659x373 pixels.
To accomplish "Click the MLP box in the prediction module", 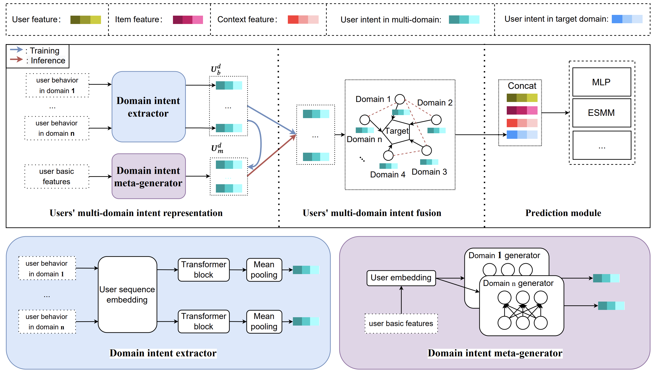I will click(x=601, y=82).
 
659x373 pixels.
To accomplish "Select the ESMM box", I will click(x=601, y=113).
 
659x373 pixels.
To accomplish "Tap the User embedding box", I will click(x=401, y=278).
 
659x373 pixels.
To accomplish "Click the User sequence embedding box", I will click(x=127, y=295).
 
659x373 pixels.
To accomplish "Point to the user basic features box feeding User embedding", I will click(x=401, y=324).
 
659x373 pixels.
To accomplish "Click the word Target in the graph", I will click(x=397, y=131).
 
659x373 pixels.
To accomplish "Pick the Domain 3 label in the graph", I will click(x=429, y=172).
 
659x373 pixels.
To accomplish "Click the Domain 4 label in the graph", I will click(x=387, y=175).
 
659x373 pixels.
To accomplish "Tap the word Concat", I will click(x=522, y=86).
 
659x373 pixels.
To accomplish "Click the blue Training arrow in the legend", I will click(x=16, y=50).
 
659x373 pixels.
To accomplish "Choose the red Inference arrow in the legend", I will click(x=16, y=60).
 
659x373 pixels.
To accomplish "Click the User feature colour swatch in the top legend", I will click(x=86, y=20).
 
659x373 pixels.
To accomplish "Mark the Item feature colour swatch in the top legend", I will click(x=188, y=20).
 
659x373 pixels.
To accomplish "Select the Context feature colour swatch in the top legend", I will click(x=303, y=20).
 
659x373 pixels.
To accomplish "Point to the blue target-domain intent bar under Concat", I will click(x=522, y=135).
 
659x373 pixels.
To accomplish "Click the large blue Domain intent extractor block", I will click(x=148, y=106).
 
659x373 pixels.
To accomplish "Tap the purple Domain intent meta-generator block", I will click(x=148, y=176).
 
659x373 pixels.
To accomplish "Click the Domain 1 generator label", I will click(x=504, y=255).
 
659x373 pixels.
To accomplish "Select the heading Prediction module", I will click(x=563, y=213).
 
